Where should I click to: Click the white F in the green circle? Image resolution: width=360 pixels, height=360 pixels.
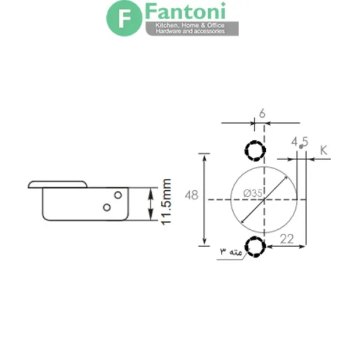pos(124,19)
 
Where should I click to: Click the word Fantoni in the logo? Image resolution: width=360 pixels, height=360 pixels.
pos(185,11)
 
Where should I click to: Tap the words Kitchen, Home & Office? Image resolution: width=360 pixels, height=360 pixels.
pos(190,25)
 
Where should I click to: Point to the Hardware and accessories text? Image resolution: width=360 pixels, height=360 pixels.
pos(190,31)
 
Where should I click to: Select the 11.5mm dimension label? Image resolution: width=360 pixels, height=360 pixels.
pos(166,202)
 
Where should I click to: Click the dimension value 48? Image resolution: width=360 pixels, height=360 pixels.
pos(191,196)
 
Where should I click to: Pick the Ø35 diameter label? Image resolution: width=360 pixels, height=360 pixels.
pos(253,194)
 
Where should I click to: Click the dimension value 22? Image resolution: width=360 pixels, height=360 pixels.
pos(287,239)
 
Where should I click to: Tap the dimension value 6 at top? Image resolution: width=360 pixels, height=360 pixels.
pos(262,113)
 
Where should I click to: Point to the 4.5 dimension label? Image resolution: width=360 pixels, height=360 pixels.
pos(299,142)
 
